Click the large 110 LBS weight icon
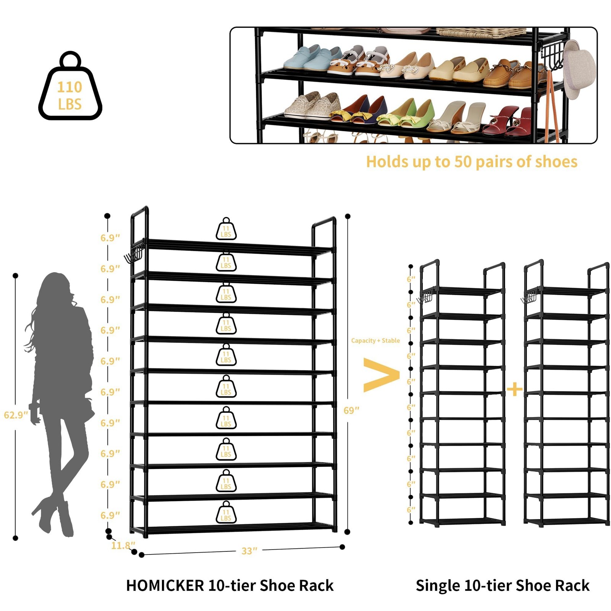pyautogui.click(x=70, y=87)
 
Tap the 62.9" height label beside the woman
pyautogui.click(x=16, y=415)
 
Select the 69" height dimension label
pyautogui.click(x=351, y=411)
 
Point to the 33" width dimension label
pyautogui.click(x=249, y=551)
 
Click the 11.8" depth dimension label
pyautogui.click(x=123, y=545)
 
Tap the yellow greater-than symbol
pyautogui.click(x=380, y=375)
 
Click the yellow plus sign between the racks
pyautogui.click(x=514, y=389)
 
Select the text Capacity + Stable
pyautogui.click(x=375, y=341)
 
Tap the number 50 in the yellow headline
pyautogui.click(x=463, y=162)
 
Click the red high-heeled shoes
pyautogui.click(x=508, y=121)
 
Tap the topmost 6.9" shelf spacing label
pyautogui.click(x=110, y=238)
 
